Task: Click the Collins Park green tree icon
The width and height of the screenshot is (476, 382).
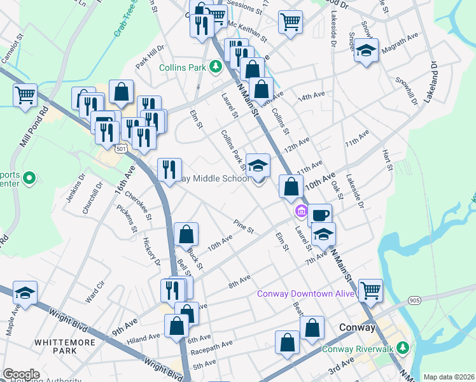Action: tap(216, 66)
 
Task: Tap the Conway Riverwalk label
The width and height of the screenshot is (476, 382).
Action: tap(360, 348)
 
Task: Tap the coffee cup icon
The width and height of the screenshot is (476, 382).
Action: tap(320, 214)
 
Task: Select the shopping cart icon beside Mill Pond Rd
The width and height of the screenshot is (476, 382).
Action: tap(25, 95)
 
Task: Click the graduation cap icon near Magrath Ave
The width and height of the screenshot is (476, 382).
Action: tap(367, 50)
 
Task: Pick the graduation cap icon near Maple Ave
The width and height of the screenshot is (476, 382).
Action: tap(25, 292)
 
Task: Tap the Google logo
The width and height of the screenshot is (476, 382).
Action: tap(21, 374)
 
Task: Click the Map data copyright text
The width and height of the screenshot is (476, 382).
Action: tap(448, 377)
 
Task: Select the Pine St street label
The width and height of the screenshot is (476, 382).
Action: tap(244, 226)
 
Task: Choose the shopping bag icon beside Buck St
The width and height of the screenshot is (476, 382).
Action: tap(186, 234)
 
